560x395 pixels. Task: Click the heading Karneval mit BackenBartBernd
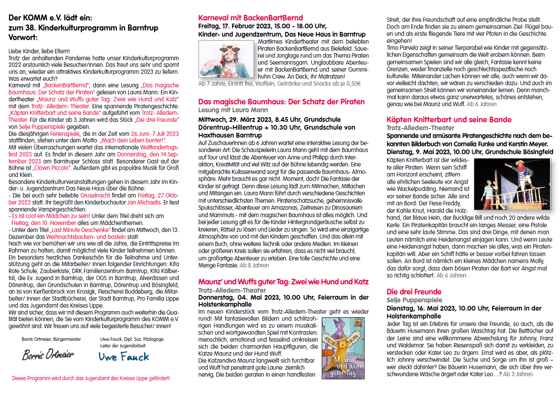pyautogui.click(x=250, y=18)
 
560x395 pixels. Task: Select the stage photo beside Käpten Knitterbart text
pyautogui.click(x=514, y=184)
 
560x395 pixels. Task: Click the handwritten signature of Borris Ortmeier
pyautogui.click(x=48, y=354)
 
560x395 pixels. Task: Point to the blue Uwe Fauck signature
pyautogui.click(x=124, y=356)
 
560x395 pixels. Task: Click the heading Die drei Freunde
pyautogui.click(x=414, y=292)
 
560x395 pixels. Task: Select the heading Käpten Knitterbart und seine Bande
pyautogui.click(x=449, y=120)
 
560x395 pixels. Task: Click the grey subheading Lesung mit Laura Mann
pyautogui.click(x=233, y=110)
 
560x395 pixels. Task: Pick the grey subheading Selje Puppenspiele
pyautogui.click(x=414, y=300)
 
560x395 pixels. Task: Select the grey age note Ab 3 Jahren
pyautogui.click(x=518, y=374)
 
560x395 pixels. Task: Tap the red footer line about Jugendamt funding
pyautogui.click(x=91, y=378)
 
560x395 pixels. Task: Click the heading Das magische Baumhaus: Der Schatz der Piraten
pyautogui.click(x=282, y=102)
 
